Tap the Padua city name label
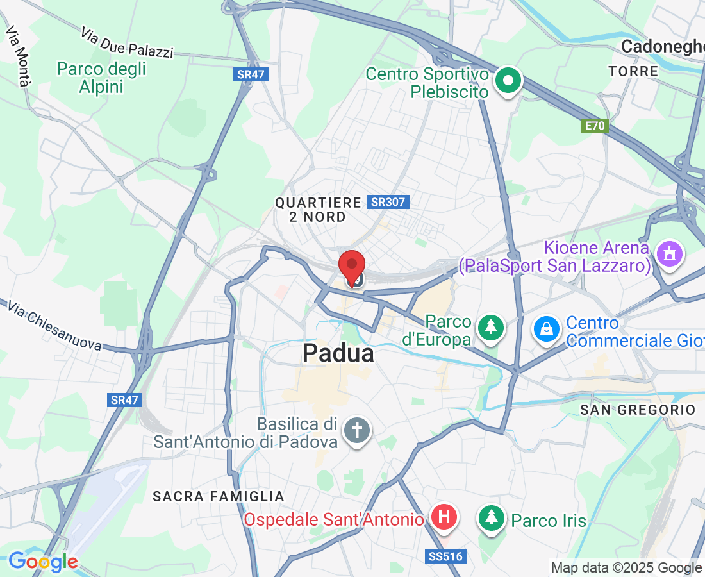point(338,353)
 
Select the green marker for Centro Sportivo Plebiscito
point(509,81)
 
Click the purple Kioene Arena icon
point(669,255)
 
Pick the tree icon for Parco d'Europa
point(491,327)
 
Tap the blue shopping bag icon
point(546,329)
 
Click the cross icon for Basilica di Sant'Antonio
point(356,430)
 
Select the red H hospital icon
point(444,517)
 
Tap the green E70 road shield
point(595,126)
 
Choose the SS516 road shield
point(444,556)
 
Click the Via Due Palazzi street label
point(127,43)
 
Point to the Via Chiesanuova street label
point(54,325)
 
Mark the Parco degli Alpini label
point(101,78)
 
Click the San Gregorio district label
point(637,410)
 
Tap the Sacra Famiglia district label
point(219,496)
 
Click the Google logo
point(43,562)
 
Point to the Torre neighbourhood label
point(633,71)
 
